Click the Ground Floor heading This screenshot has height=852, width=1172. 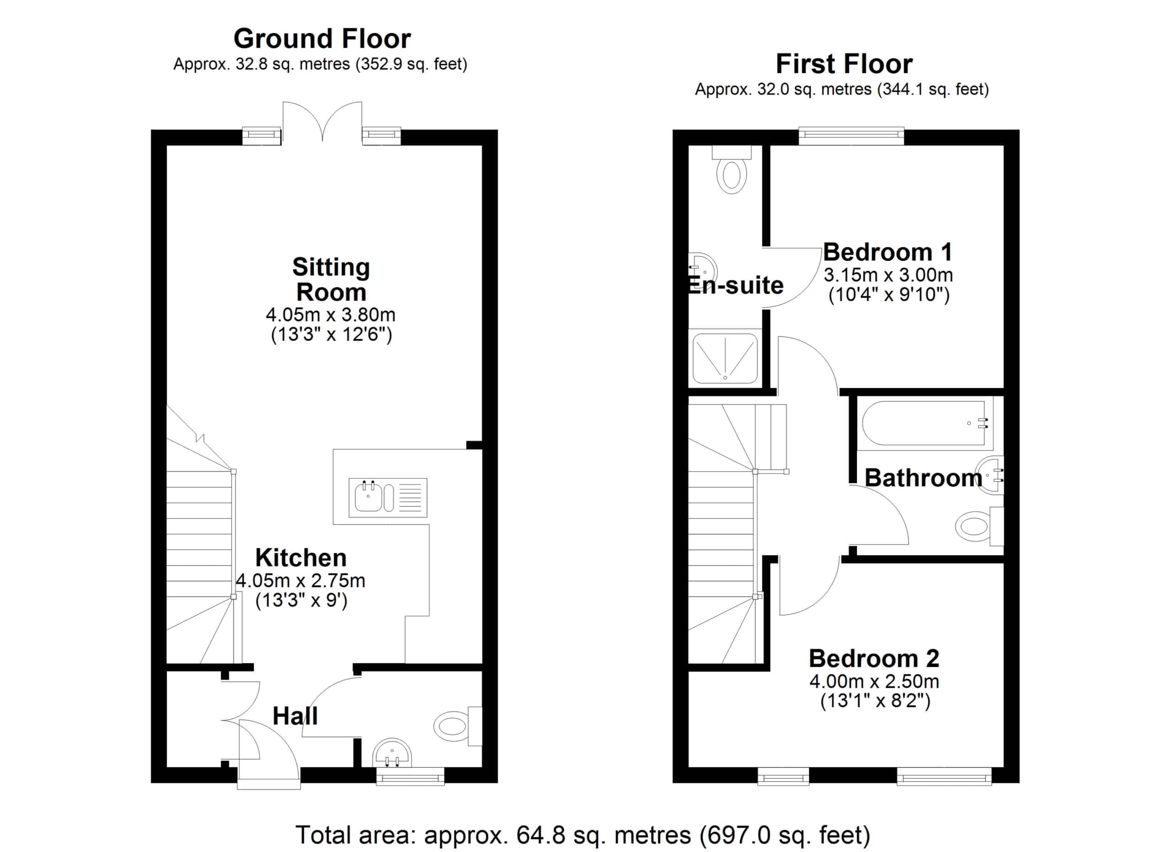click(x=322, y=39)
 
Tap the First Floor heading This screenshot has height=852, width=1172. click(x=844, y=64)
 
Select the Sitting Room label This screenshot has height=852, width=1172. click(x=331, y=280)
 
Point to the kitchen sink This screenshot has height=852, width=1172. click(x=388, y=498)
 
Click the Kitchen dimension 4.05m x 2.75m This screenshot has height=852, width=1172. click(x=300, y=581)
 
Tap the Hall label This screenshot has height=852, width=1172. click(x=295, y=716)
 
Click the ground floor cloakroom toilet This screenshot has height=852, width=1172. click(x=458, y=726)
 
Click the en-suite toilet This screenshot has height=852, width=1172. click(x=732, y=169)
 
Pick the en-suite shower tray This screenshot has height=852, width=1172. click(x=725, y=358)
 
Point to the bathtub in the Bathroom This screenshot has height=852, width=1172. click(x=923, y=423)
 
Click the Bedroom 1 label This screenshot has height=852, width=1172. click(x=888, y=253)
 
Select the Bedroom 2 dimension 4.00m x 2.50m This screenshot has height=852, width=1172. click(x=874, y=682)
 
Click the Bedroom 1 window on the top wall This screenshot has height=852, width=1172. click(x=852, y=136)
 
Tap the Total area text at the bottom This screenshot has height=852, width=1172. click(x=583, y=835)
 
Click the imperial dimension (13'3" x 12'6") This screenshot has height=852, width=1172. click(x=331, y=335)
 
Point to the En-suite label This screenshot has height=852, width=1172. click(x=735, y=286)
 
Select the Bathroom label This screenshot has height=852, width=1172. click(x=923, y=478)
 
